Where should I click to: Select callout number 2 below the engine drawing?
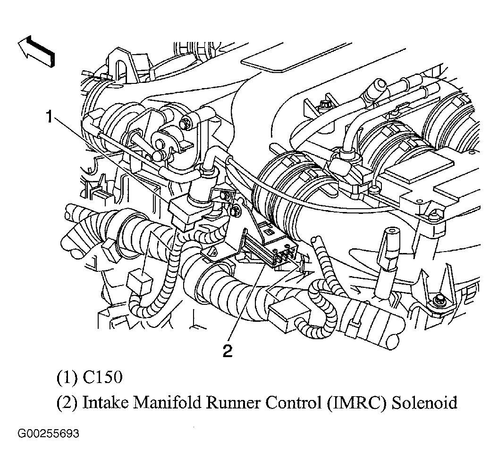coord(228,351)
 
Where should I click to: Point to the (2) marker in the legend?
coord(67,403)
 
